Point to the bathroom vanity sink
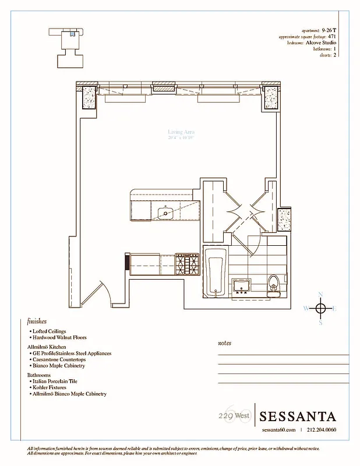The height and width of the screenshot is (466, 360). pos(242,285)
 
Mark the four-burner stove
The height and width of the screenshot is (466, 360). pos(186,265)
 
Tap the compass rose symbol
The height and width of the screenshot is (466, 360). pos(320,308)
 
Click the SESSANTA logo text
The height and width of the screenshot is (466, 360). pos(298,416)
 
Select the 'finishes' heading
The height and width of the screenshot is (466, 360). pos(37,321)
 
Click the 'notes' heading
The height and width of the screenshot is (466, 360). pos(224,344)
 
